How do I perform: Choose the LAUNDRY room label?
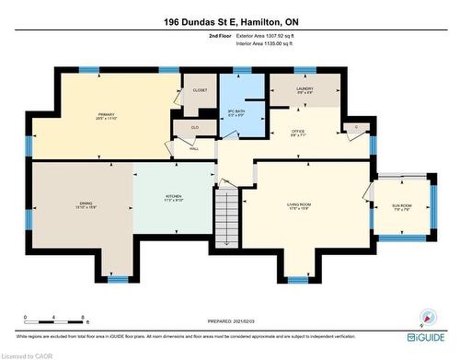[x=305, y=89]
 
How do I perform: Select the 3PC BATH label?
[x=236, y=111]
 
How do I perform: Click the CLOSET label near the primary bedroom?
[x=200, y=90]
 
